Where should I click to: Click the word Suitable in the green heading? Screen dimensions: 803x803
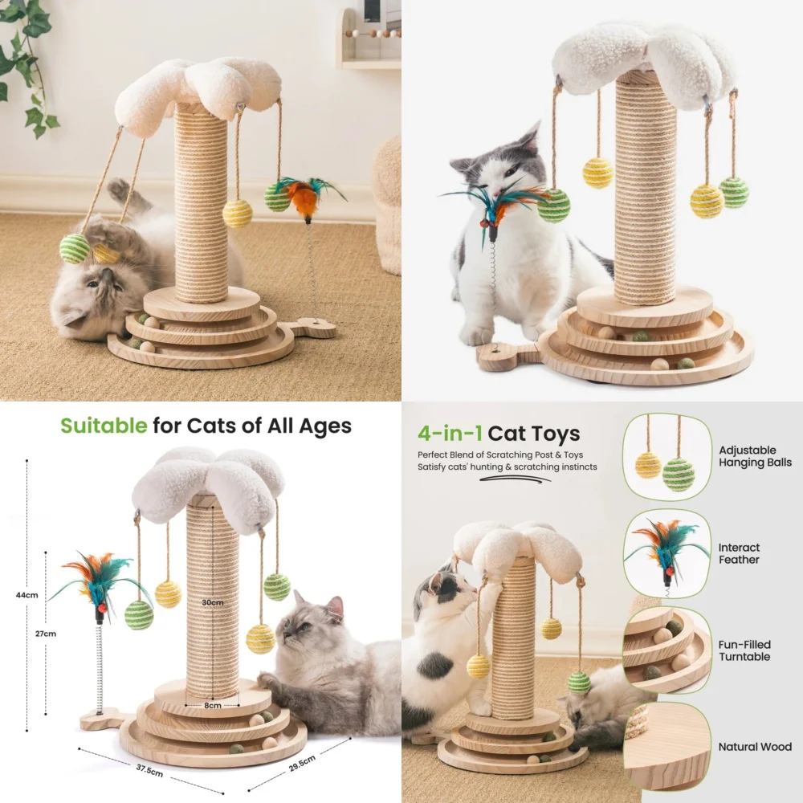(x=104, y=425)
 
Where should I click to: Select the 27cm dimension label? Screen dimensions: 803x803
(x=46, y=634)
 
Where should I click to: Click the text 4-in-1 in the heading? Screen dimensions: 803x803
(x=450, y=434)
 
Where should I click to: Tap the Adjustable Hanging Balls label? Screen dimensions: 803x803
(x=755, y=456)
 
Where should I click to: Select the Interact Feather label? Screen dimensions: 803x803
(x=739, y=553)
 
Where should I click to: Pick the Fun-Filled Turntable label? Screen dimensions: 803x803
(x=744, y=650)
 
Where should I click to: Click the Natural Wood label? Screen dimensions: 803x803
(x=755, y=747)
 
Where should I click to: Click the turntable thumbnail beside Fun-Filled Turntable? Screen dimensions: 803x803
(x=666, y=649)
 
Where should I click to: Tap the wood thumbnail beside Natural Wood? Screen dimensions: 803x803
(x=666, y=745)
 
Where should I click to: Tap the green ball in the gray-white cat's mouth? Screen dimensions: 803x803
(x=554, y=206)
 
